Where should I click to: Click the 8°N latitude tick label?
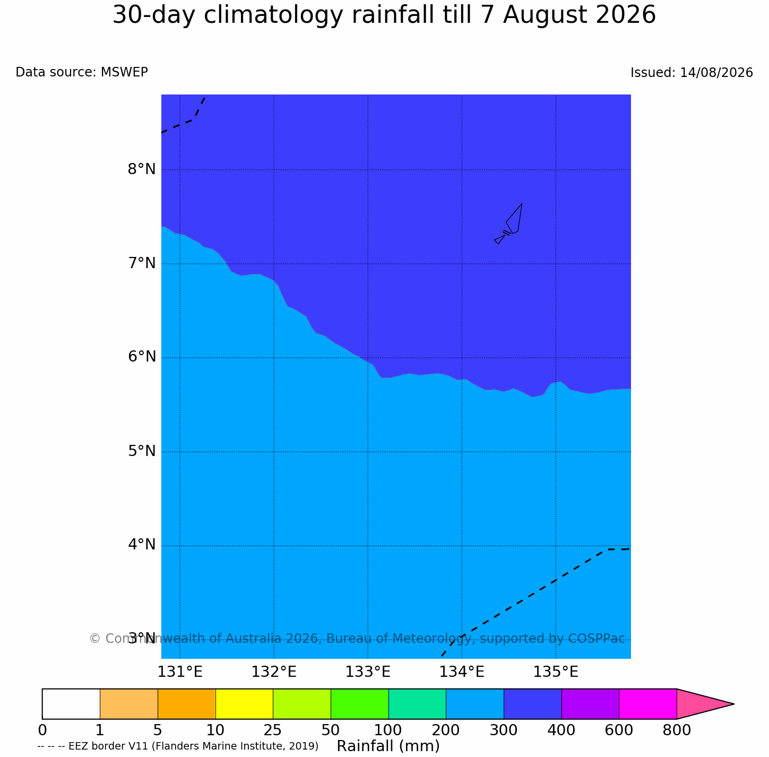141,169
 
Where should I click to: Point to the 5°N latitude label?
141,451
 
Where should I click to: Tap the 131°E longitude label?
180,672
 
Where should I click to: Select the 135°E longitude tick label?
556,672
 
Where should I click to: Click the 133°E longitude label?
368,672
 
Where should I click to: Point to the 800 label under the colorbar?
677,730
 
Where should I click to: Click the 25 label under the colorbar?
273,730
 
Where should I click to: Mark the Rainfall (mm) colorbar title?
388,746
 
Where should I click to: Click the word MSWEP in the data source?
124,72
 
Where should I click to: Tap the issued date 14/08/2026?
716,72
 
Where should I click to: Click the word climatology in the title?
273,16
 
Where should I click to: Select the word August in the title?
545,16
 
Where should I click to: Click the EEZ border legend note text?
178,746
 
